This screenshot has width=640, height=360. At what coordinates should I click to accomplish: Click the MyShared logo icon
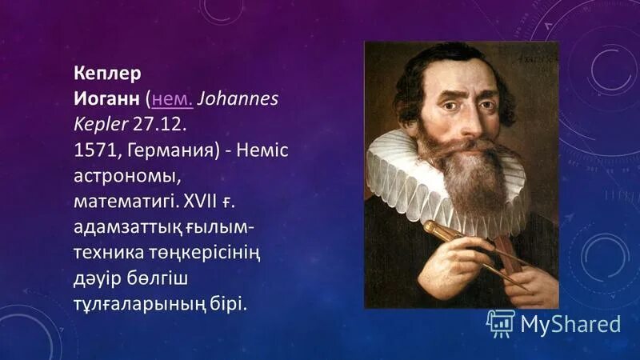500,323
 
